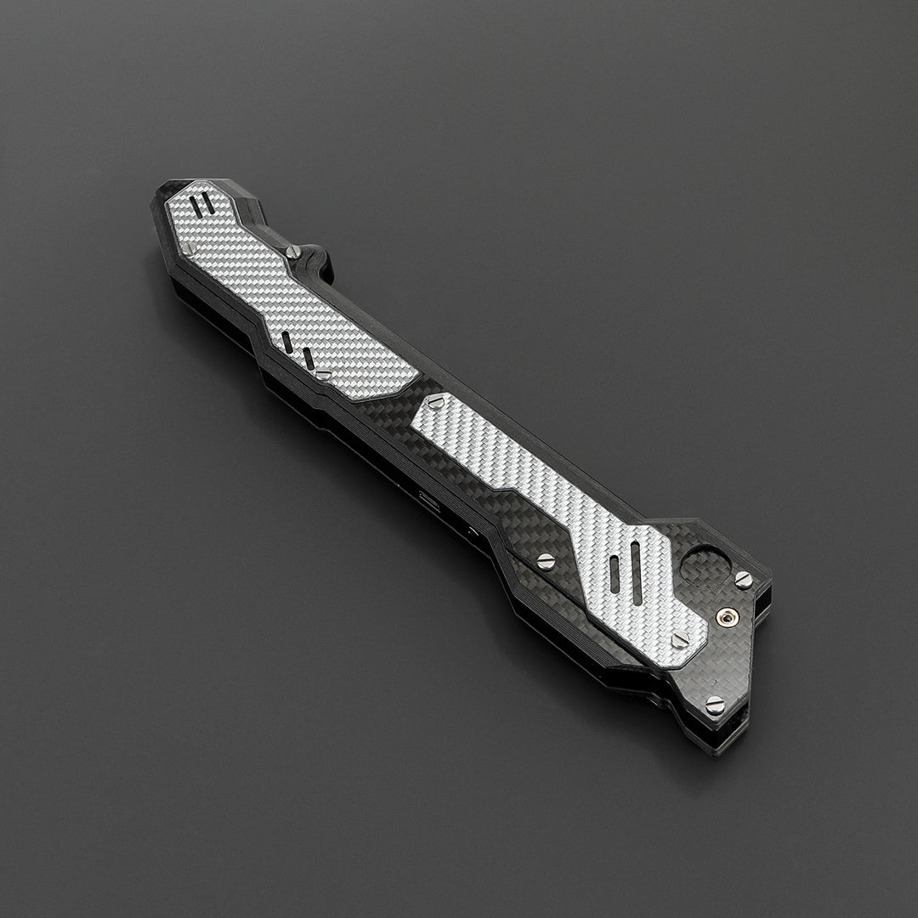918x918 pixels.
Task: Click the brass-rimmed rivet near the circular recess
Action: [x=728, y=615]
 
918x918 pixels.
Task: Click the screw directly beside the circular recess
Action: [x=744, y=580]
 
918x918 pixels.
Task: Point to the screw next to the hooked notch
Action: [x=293, y=252]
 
